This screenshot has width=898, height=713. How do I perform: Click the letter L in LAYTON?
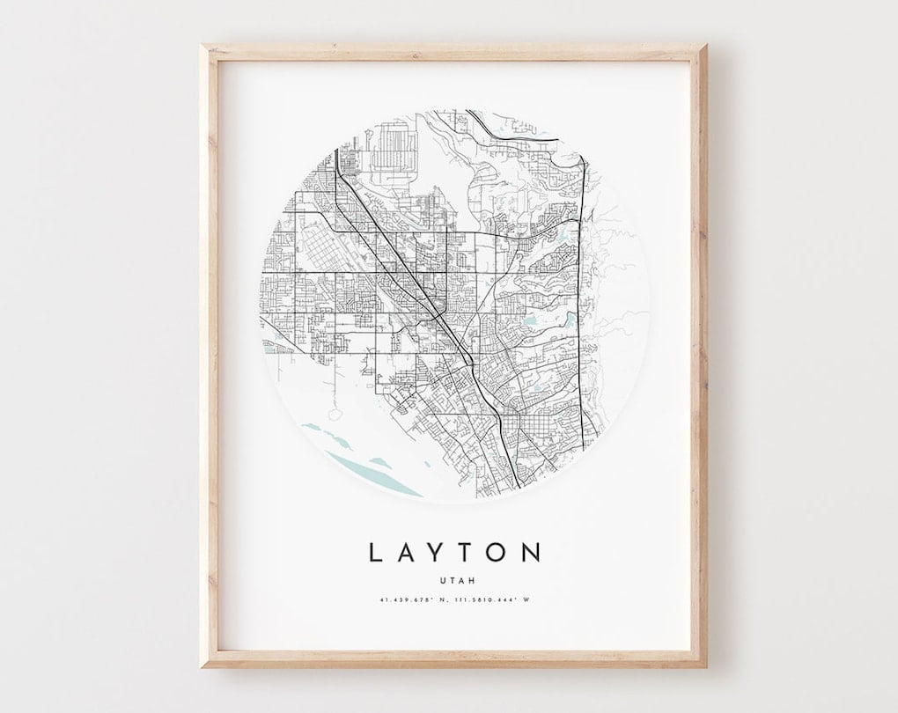375,553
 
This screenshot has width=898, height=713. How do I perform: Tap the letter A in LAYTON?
407,553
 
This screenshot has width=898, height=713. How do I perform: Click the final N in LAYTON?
532,553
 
